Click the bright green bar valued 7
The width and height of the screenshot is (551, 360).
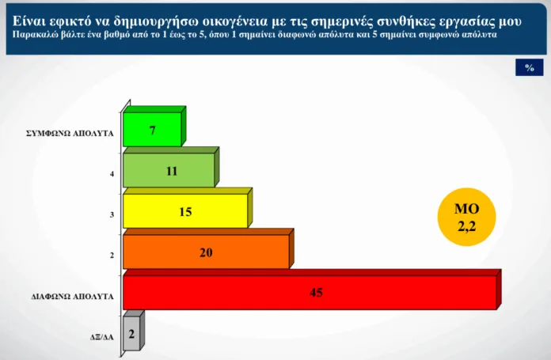click(x=153, y=129)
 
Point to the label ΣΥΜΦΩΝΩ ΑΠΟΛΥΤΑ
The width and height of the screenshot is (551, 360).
click(x=70, y=134)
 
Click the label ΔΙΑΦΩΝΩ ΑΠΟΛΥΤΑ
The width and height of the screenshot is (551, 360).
click(x=73, y=297)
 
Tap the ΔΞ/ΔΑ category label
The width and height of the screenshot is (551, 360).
click(x=102, y=338)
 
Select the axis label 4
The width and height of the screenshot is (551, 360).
click(x=112, y=174)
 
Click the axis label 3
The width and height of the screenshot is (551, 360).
click(x=112, y=214)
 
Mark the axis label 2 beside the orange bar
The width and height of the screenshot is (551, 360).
click(x=112, y=256)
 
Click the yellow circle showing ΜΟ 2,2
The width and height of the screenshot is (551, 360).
click(x=466, y=217)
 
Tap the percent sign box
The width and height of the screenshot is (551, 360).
click(x=530, y=67)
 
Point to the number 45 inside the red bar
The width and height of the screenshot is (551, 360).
click(x=316, y=293)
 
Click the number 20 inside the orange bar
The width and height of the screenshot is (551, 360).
click(x=206, y=252)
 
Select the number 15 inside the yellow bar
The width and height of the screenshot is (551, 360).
click(x=185, y=212)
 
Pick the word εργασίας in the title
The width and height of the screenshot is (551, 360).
click(x=466, y=21)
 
